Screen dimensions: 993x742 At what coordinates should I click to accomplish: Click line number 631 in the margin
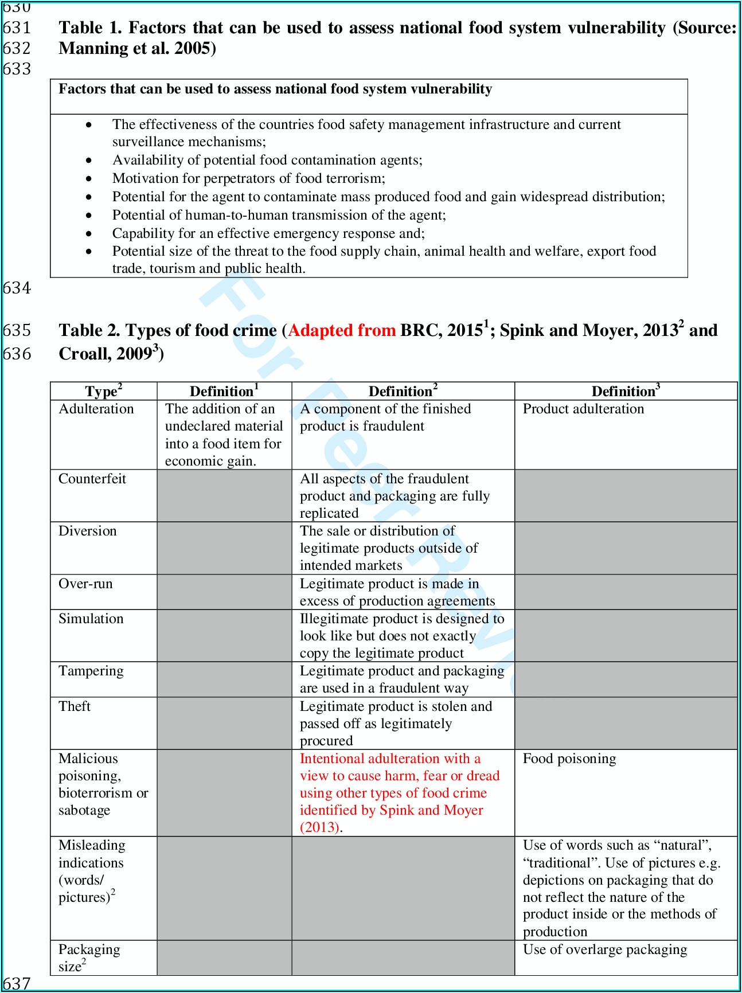click(x=17, y=28)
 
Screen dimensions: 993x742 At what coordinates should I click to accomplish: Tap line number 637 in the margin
click(x=17, y=984)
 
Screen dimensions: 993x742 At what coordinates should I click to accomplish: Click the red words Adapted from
click(x=342, y=330)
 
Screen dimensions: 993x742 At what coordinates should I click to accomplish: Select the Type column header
click(x=103, y=392)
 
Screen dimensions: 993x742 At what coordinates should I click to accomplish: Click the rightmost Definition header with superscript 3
click(x=626, y=392)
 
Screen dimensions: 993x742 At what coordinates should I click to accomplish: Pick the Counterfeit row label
click(x=92, y=479)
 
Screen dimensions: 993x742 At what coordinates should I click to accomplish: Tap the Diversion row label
click(x=88, y=531)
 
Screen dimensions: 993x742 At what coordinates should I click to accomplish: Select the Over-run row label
click(x=86, y=584)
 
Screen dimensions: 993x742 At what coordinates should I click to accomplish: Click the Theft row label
click(x=75, y=706)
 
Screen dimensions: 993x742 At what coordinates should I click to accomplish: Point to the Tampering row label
click(x=91, y=671)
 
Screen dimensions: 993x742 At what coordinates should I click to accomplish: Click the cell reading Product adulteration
click(x=583, y=409)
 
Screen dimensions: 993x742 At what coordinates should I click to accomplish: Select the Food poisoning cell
click(x=569, y=759)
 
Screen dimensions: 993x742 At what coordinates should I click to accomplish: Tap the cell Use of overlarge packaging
click(x=605, y=949)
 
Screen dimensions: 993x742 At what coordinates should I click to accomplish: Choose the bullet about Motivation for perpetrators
click(x=249, y=178)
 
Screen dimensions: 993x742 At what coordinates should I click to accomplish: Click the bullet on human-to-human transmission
click(x=279, y=215)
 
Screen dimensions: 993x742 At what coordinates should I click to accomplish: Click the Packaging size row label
click(x=89, y=957)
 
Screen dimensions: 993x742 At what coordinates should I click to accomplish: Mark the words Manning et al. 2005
click(x=137, y=48)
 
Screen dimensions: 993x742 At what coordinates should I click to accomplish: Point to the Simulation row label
click(x=91, y=619)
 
